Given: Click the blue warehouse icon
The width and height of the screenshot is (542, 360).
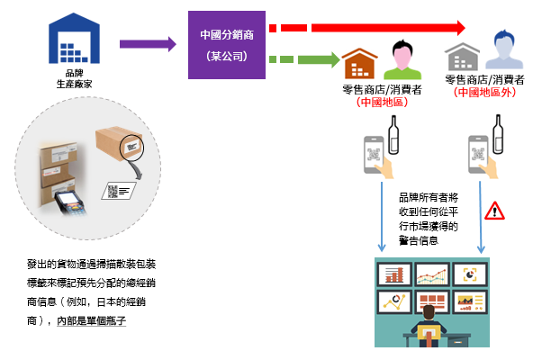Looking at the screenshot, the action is pyautogui.click(x=74, y=39).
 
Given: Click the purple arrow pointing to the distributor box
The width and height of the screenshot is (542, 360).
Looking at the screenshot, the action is pyautogui.click(x=148, y=44).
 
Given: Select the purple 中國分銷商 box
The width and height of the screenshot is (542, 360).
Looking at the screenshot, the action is pyautogui.click(x=227, y=45).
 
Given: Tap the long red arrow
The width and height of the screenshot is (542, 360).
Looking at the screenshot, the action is pyautogui.click(x=367, y=28).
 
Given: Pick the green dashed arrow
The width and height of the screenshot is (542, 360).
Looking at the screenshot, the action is pyautogui.click(x=304, y=59).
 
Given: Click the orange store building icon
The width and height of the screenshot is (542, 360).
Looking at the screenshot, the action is pyautogui.click(x=359, y=64).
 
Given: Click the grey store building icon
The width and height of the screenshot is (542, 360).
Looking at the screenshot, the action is pyautogui.click(x=462, y=57).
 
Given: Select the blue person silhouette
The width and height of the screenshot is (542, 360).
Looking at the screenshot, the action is pyautogui.click(x=504, y=49).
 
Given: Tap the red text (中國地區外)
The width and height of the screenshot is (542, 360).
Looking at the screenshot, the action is pyautogui.click(x=484, y=92).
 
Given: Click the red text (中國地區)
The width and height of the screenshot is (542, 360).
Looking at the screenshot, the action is pyautogui.click(x=382, y=102).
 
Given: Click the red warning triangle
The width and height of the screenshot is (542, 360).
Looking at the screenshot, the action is pyautogui.click(x=494, y=211).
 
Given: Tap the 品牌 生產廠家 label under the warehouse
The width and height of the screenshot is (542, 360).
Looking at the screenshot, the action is pyautogui.click(x=75, y=78).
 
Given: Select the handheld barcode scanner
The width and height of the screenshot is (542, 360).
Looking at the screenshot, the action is pyautogui.click(x=70, y=202).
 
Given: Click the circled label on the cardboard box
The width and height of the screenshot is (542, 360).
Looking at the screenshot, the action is pyautogui.click(x=131, y=148).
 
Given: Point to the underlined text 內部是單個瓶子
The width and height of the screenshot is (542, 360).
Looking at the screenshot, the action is pyautogui.click(x=91, y=321).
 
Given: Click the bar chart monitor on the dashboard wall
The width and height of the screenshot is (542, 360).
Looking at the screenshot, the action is pyautogui.click(x=394, y=274).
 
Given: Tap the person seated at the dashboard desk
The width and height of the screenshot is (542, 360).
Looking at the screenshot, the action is pyautogui.click(x=429, y=326).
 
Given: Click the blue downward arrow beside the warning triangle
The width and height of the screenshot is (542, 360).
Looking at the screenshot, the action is pyautogui.click(x=481, y=217).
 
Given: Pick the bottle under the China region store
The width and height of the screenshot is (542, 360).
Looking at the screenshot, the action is pyautogui.click(x=393, y=135).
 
